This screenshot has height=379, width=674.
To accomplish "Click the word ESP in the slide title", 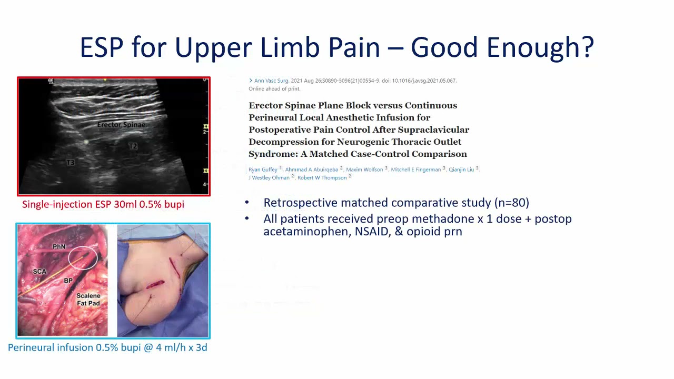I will (x=102, y=47).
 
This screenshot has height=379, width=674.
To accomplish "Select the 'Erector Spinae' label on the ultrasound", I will (x=122, y=125).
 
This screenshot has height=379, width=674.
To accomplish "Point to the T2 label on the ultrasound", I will (x=133, y=146).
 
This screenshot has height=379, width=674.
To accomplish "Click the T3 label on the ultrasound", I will (x=70, y=163).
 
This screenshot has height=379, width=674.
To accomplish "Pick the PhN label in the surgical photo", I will (x=59, y=246).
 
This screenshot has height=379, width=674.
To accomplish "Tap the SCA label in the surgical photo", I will (x=39, y=272).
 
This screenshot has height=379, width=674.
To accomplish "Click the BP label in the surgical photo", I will (x=68, y=281).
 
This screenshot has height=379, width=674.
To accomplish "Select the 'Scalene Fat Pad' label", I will (x=88, y=300).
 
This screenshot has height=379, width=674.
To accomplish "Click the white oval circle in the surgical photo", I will (x=83, y=257).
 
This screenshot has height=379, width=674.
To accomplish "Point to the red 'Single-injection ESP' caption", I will (x=103, y=204).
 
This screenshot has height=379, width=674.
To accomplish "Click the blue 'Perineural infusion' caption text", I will (x=107, y=347).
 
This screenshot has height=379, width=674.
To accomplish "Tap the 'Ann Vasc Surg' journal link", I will (x=271, y=81).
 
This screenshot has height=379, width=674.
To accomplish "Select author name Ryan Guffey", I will (x=263, y=169).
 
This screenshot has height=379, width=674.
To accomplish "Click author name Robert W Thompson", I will (x=322, y=178).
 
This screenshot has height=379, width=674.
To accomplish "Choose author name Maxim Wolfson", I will (x=364, y=169).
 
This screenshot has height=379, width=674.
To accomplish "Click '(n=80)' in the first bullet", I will (x=511, y=203).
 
